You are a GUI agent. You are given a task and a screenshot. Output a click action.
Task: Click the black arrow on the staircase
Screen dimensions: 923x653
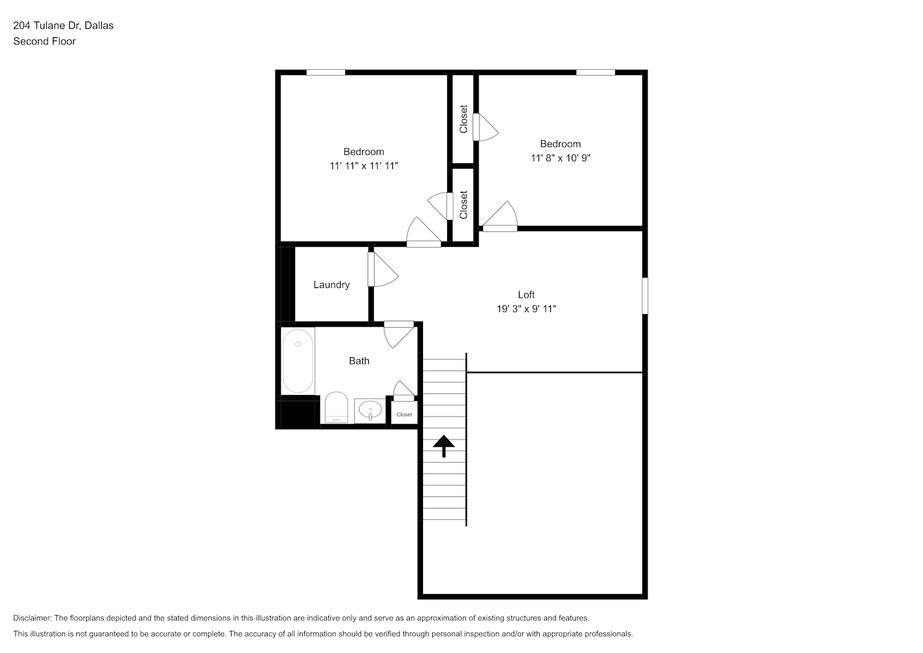[444, 446]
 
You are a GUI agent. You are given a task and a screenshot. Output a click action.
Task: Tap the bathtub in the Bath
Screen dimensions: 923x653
[298, 361]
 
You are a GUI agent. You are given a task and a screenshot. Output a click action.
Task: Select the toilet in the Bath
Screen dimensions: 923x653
[336, 407]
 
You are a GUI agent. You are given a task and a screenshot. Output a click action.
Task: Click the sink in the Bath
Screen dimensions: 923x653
[370, 411]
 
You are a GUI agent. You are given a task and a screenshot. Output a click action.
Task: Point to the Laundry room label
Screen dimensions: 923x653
[332, 285]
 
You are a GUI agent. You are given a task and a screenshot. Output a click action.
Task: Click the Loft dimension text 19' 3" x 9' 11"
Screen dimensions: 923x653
[526, 309]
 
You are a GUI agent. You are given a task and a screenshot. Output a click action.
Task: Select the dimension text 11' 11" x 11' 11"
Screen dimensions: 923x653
[364, 166]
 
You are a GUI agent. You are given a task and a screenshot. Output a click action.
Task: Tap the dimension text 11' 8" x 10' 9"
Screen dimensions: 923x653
[560, 158]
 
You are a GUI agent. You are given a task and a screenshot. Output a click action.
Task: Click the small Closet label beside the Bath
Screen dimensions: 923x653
[404, 415]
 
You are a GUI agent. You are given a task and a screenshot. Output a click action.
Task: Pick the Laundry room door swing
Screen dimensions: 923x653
[383, 269]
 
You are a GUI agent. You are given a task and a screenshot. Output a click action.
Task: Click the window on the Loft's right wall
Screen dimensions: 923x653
[645, 296]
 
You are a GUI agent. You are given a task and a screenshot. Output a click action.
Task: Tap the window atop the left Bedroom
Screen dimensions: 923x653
[326, 72]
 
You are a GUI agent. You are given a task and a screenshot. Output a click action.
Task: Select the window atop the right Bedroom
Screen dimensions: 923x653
[595, 72]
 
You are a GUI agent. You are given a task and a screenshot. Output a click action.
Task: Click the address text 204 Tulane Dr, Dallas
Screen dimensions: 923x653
[63, 25]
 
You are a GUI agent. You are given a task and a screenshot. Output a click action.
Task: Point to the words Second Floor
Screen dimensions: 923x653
[44, 41]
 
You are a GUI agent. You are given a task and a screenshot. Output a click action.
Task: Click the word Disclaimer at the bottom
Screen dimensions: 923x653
[33, 618]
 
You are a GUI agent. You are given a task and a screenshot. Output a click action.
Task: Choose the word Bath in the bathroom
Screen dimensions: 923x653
[359, 361]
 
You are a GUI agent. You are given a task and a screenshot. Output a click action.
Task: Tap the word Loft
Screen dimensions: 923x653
[526, 295]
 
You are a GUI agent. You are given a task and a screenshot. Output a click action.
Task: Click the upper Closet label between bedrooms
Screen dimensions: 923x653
[463, 119]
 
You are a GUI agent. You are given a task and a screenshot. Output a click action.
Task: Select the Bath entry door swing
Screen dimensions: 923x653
[399, 334]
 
